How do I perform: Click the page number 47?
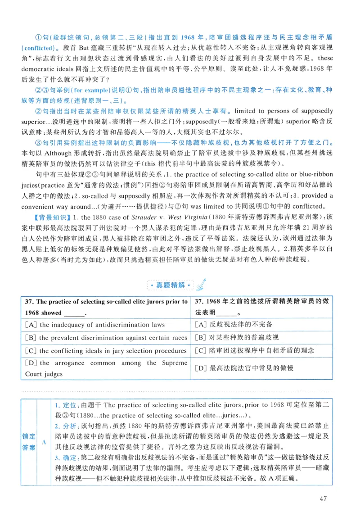322,498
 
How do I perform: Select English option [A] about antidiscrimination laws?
95,325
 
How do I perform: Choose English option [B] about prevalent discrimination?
107,337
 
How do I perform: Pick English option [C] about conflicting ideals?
107,350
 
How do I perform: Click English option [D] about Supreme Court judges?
106,368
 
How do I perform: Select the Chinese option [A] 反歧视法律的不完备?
234,325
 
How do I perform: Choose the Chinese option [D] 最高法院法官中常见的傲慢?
244,368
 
